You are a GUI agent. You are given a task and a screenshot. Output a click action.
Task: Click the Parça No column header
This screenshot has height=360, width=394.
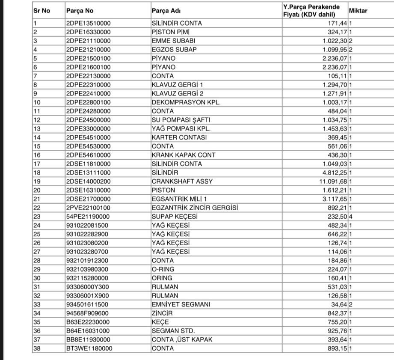coord(77,10)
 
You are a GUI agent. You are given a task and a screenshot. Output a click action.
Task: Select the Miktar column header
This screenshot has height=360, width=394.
coord(358,10)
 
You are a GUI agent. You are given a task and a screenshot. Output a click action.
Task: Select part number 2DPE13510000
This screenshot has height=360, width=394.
coord(88,23)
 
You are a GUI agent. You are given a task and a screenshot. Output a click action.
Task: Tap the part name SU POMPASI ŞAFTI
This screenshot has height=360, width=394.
coord(181,120)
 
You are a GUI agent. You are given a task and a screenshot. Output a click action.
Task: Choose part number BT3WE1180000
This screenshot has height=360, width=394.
coord(89,348)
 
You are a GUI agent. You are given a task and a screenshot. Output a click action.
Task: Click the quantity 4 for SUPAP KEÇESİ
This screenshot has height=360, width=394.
coord(350,217)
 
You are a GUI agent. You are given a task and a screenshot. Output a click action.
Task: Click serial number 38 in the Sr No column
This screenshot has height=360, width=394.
coord(37,348)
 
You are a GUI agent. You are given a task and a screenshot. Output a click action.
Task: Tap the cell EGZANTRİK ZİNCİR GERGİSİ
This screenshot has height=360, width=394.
coord(195,208)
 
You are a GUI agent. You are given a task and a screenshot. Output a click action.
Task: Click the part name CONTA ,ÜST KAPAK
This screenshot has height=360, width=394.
coord(182,339)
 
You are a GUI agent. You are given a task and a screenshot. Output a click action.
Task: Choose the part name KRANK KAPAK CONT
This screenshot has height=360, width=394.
coord(184,155)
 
